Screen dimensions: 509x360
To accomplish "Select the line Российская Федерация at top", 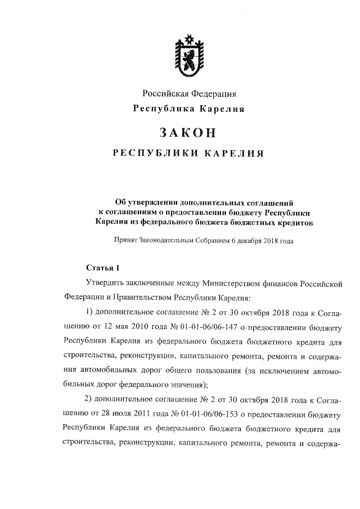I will coord(188,93).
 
